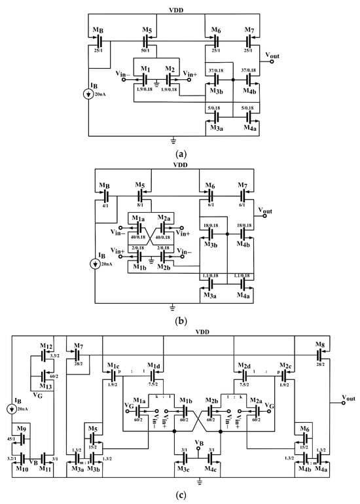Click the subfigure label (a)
pyautogui.click(x=180, y=154)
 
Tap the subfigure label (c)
pyautogui.click(x=180, y=496)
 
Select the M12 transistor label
pyautogui.click(x=44, y=346)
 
